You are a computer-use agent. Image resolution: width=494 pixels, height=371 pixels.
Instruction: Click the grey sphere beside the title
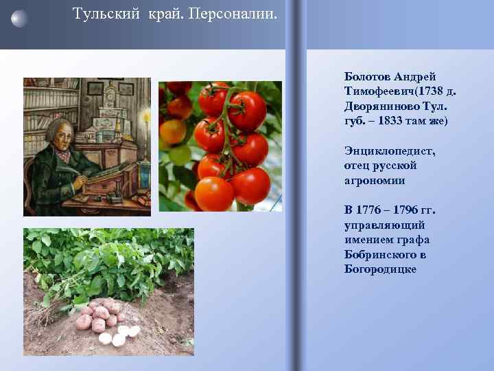tap(20, 18)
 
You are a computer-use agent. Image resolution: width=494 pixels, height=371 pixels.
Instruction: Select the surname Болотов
tap(368, 76)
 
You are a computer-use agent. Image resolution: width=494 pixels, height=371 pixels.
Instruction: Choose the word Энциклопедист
tap(390, 151)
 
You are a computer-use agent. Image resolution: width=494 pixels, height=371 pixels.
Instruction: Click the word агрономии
tap(375, 181)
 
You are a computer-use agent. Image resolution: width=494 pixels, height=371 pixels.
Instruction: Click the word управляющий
tap(384, 225)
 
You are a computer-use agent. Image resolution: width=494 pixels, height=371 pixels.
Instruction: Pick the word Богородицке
tap(380, 270)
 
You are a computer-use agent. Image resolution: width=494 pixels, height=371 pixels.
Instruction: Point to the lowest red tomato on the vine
tap(214, 194)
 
